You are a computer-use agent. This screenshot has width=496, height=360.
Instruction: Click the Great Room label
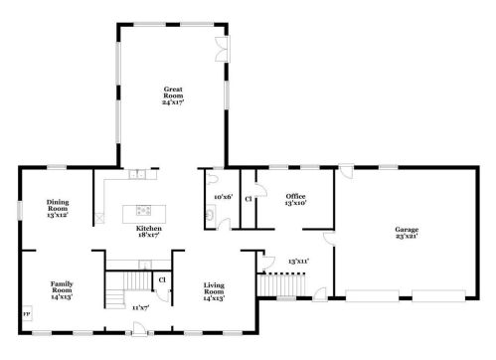point(173,95)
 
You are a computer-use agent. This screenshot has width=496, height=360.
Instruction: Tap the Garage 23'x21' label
point(407,233)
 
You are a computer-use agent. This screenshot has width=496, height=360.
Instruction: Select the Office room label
point(295,199)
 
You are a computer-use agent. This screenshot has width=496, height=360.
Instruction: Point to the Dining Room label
point(58,208)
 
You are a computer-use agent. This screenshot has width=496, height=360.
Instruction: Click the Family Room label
point(62,290)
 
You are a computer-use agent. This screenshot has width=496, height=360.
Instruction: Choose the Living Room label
point(214,291)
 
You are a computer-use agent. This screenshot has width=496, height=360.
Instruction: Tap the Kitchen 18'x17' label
point(149,232)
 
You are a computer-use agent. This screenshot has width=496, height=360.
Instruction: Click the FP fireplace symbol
point(27,313)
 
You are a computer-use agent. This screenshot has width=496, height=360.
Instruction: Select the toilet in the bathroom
point(212,179)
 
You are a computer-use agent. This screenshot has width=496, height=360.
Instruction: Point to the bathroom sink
point(210,213)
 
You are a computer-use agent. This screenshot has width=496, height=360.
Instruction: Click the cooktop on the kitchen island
point(144,210)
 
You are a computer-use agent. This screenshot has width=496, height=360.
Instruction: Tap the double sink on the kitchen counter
point(137,174)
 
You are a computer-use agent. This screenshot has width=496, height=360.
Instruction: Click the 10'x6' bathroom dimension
point(224,197)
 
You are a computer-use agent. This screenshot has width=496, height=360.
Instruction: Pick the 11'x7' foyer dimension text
point(141,308)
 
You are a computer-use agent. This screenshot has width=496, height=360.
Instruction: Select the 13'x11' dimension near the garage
point(298,262)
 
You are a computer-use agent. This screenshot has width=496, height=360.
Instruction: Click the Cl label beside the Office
point(248,199)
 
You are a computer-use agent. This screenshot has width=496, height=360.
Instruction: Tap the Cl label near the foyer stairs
point(162,280)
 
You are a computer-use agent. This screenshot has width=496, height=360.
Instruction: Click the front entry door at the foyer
point(139,329)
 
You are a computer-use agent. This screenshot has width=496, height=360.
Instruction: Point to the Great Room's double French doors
point(222,49)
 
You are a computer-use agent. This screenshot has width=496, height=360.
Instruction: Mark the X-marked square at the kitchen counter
point(99,218)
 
